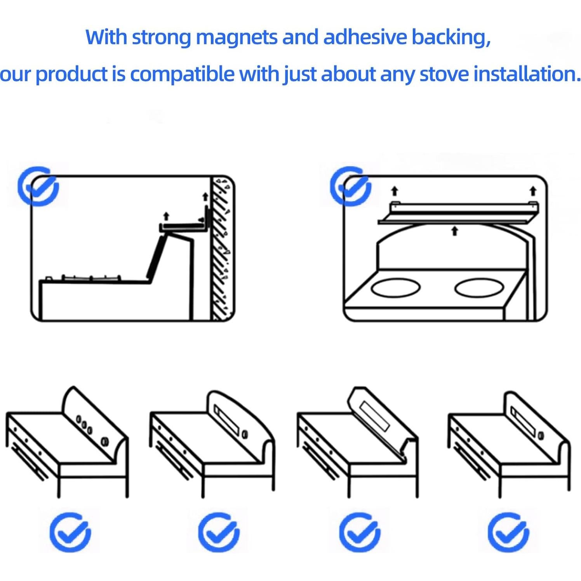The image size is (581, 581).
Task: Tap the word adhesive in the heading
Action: tap(365, 37)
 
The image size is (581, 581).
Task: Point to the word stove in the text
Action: tap(444, 74)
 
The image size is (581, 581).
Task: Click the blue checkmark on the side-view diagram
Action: tap(38, 186)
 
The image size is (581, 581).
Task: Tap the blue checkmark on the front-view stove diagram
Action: tap(350, 186)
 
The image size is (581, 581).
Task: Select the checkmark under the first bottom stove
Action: tap(70, 532)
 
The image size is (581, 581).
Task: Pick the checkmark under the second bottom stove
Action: tap(219, 532)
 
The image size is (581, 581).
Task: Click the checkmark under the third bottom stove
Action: tap(360, 532)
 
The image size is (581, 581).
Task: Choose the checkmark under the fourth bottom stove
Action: tap(508, 532)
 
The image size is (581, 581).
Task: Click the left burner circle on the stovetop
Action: tap(396, 288)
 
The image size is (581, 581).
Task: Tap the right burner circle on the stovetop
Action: tap(479, 288)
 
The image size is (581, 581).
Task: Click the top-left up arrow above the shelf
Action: tap(395, 191)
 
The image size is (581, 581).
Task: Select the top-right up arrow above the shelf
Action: tap(533, 191)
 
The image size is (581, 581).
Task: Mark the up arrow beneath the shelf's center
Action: tap(454, 231)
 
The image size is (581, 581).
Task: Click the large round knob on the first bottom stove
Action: tap(104, 441)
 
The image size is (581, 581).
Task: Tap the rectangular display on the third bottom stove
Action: tap(374, 416)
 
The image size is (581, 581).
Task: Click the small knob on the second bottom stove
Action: tap(245, 434)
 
